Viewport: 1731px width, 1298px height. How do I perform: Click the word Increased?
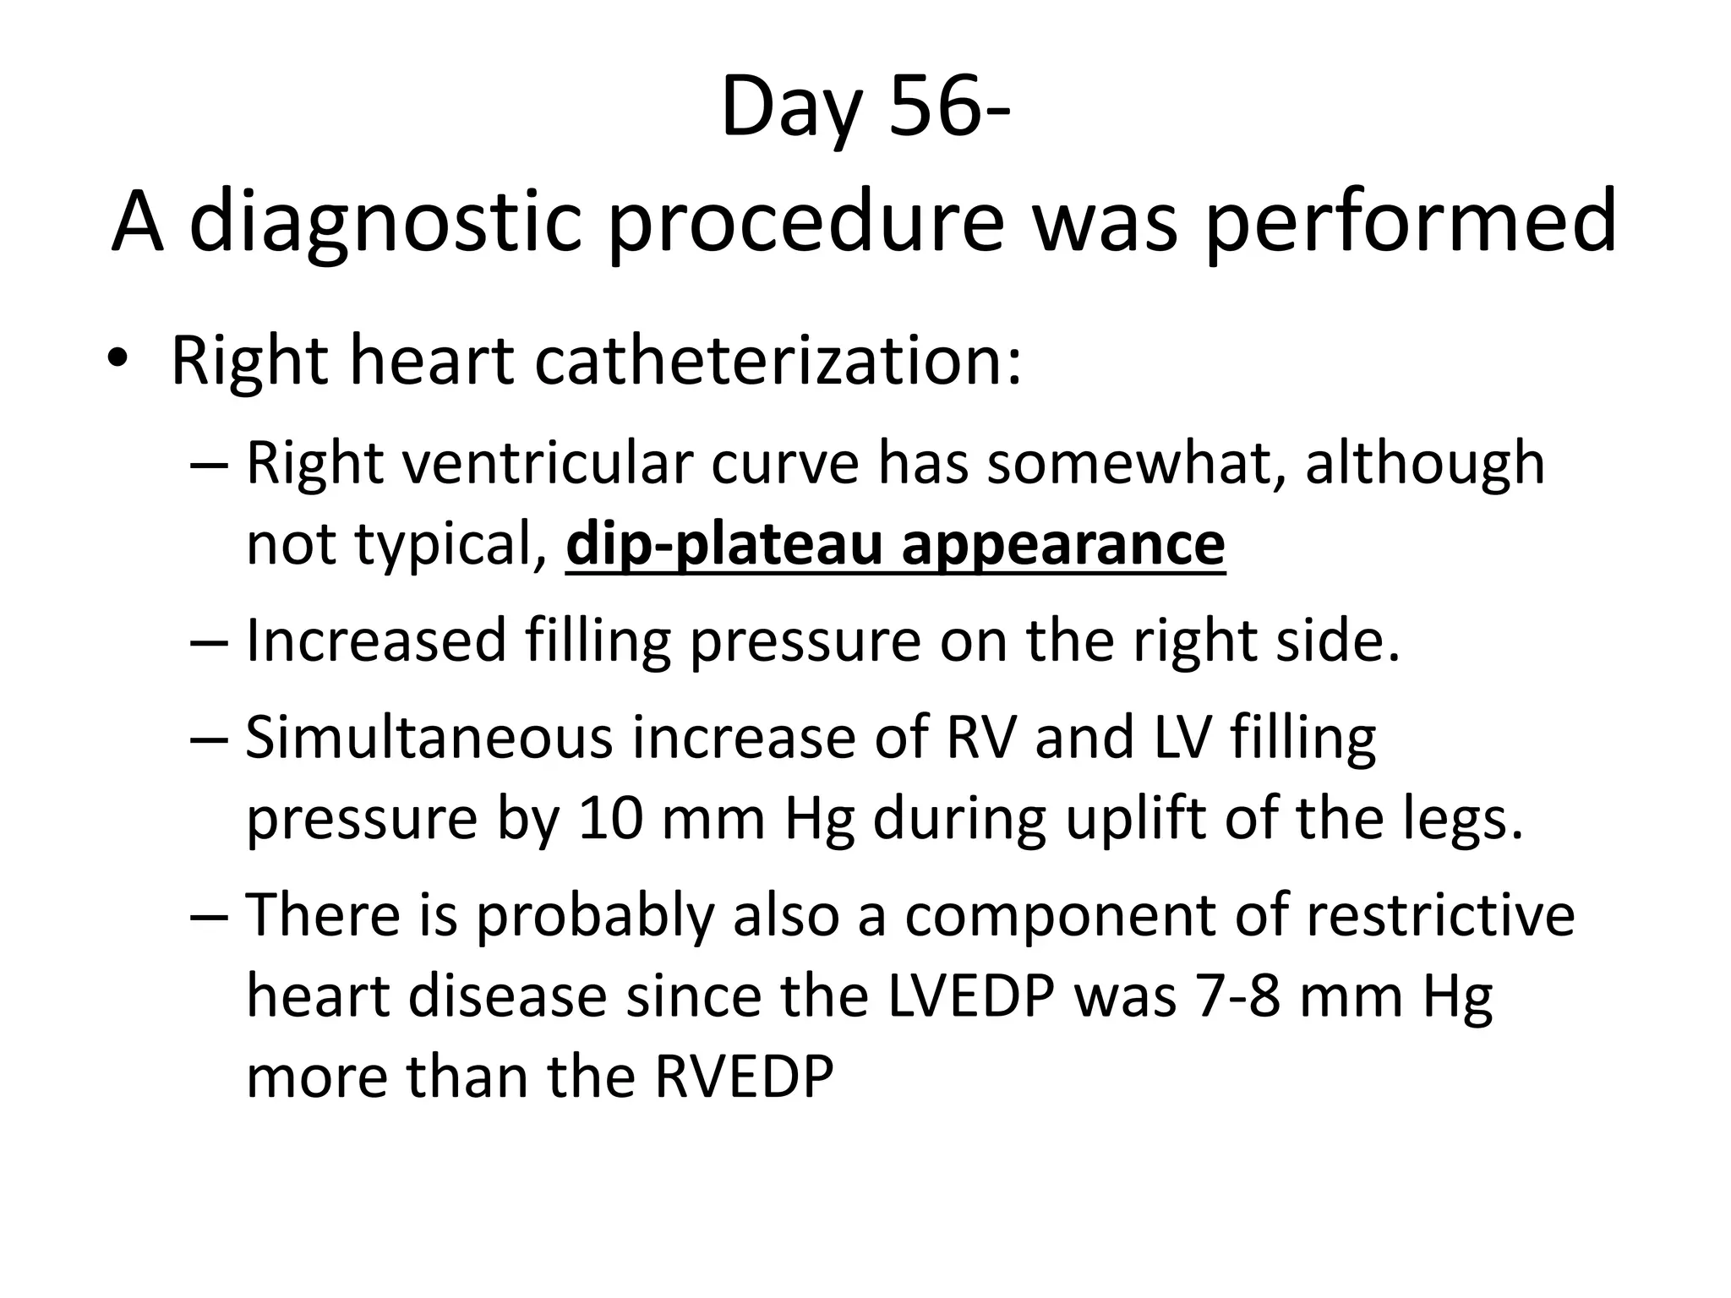pyautogui.click(x=375, y=641)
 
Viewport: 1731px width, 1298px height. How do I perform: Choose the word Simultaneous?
pyautogui.click(x=429, y=737)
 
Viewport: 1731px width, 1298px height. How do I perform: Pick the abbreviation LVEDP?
pyautogui.click(x=972, y=996)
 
